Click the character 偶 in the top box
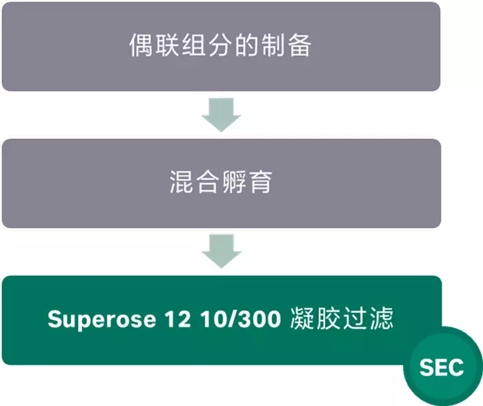[141, 45]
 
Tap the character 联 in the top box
[167, 45]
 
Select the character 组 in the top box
[194, 45]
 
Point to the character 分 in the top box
[220, 45]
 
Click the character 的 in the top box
[246, 45]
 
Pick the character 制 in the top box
[273, 45]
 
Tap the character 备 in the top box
[299, 45]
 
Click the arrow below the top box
[221, 115]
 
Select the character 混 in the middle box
[181, 182]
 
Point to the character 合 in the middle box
[208, 182]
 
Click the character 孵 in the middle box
[234, 182]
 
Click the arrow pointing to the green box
[221, 251]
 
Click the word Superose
[101, 320]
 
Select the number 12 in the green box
[177, 319]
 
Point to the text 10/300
[240, 319]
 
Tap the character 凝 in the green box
[302, 318]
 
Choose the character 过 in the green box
[355, 318]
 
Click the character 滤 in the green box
[382, 318]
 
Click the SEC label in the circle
[442, 367]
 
